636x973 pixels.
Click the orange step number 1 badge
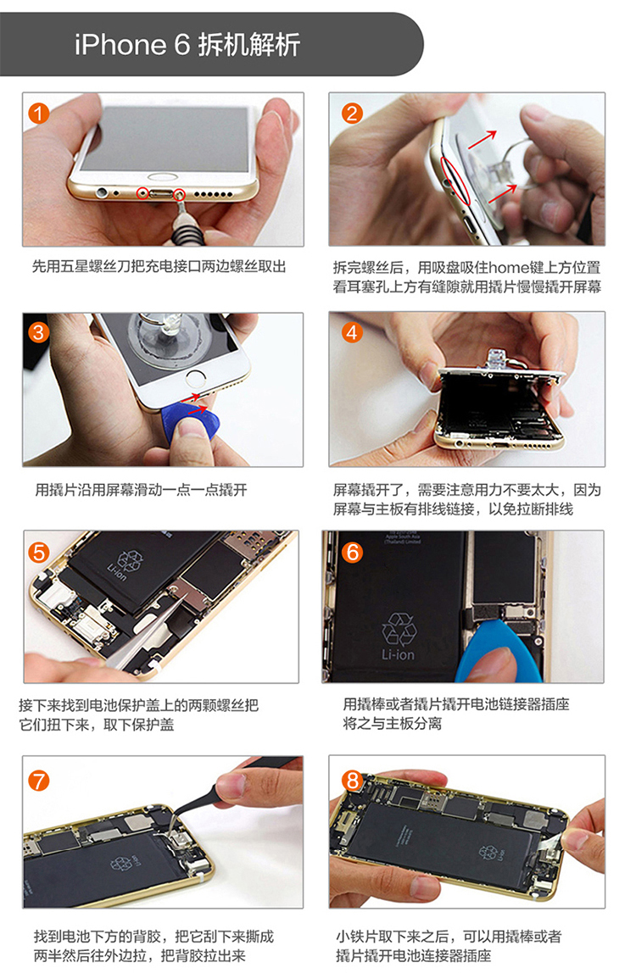38,113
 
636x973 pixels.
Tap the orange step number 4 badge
352,332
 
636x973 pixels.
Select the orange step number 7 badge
38,780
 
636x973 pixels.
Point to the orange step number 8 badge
353,780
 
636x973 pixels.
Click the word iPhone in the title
120,45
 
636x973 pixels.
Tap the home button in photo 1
162,177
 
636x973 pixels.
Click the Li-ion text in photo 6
398,654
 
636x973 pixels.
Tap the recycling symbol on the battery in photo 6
399,629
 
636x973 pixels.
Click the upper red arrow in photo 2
483,140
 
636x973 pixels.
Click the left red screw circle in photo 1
143,193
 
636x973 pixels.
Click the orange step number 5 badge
39,552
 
